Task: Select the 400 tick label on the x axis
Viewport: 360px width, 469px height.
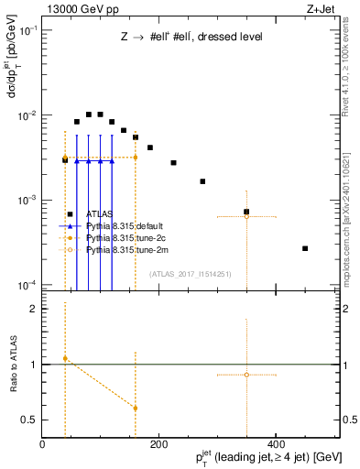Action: [x=276, y=444]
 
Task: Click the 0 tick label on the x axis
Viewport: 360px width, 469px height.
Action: [x=42, y=444]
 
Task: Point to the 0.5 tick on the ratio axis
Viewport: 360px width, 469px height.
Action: [x=29, y=420]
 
